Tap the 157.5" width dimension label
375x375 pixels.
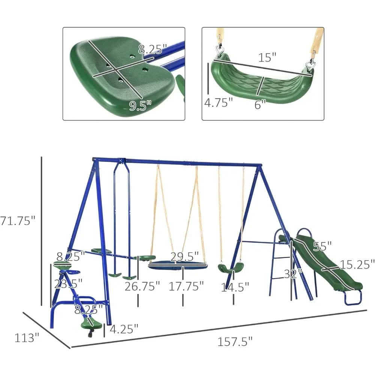tap(235, 342)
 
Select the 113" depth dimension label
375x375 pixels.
tap(27, 337)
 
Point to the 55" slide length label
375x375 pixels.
tap(322, 246)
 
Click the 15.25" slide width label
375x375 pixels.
tap(357, 264)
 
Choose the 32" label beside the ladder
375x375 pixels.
tap(293, 273)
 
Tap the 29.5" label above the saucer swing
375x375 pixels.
tap(184, 257)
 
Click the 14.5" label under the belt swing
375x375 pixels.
tap(234, 287)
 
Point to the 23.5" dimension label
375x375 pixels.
tap(68, 283)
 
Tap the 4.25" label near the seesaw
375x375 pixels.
tap(123, 329)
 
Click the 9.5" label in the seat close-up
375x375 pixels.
tap(141, 106)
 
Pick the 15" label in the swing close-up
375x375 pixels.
tap(267, 57)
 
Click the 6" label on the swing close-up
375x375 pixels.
tap(260, 105)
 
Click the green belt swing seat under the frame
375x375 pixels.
tap(231, 268)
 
